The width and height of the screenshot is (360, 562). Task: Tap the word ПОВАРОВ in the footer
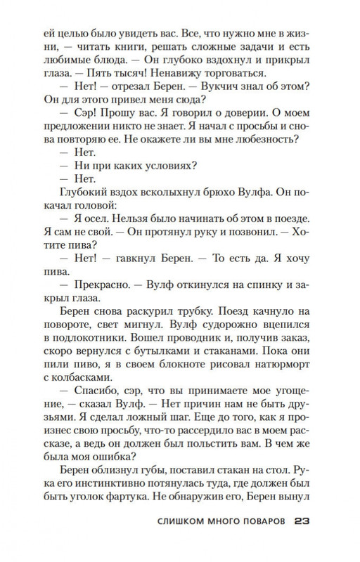257,522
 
